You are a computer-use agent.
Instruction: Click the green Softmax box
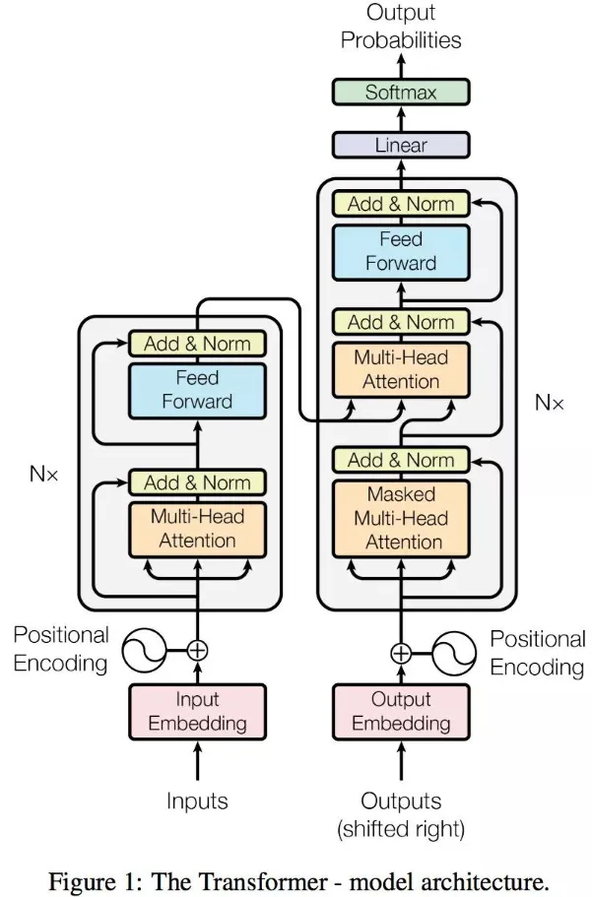point(401,94)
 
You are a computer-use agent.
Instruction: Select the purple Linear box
point(401,145)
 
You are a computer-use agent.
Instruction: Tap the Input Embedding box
point(197,711)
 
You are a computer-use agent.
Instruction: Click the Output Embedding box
point(401,711)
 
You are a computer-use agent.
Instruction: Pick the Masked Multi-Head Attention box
point(401,518)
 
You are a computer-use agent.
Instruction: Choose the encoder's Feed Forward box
point(197,389)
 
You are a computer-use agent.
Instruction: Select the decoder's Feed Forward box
point(401,251)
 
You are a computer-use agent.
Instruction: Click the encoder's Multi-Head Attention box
point(197,528)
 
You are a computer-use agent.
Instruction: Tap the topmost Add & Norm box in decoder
point(401,204)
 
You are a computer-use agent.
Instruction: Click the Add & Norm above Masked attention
point(401,460)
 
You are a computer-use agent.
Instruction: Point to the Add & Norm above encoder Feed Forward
point(197,344)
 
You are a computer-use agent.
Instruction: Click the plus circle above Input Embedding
point(197,650)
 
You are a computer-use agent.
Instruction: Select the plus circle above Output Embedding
point(401,652)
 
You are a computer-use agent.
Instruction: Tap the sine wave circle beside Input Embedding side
point(143,650)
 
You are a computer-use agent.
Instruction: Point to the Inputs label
point(197,801)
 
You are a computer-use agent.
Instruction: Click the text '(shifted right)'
point(401,829)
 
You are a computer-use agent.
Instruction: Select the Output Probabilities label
point(401,28)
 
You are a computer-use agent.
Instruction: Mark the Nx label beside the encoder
point(43,474)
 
